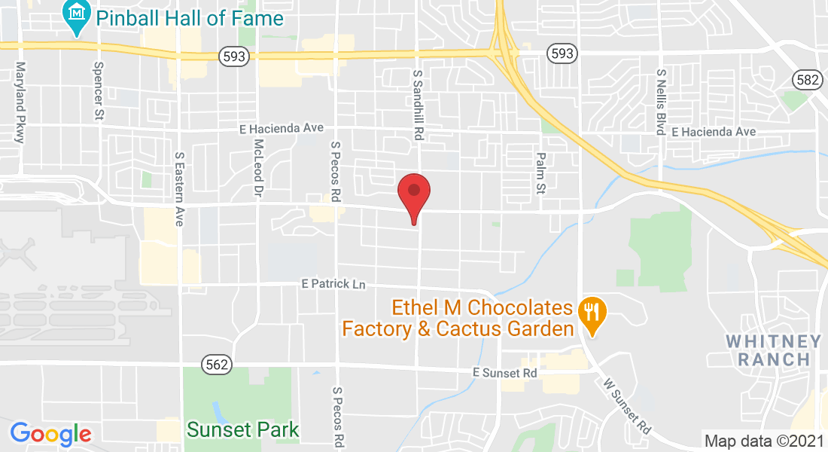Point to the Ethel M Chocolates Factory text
click(482, 308)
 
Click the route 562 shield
click(215, 365)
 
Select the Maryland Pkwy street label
click(20, 102)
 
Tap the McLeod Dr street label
click(258, 168)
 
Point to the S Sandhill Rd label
click(418, 105)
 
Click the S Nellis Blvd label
click(661, 102)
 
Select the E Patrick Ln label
click(333, 284)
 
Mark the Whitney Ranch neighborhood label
click(774, 350)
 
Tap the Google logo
click(50, 434)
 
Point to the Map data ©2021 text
click(763, 441)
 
